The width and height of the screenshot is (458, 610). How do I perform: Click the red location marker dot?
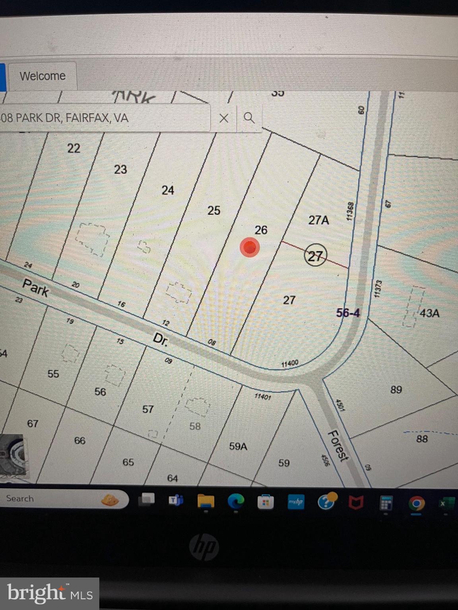pyautogui.click(x=250, y=247)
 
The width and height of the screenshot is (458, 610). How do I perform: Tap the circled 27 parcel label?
pyautogui.click(x=315, y=256)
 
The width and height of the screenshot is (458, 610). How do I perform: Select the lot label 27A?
pyautogui.click(x=318, y=220)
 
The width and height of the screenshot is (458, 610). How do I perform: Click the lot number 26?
pyautogui.click(x=261, y=230)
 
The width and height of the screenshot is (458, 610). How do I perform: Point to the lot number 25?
pyautogui.click(x=213, y=210)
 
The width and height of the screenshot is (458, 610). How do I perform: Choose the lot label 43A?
pyautogui.click(x=429, y=313)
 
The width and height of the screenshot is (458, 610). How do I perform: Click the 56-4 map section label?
pyautogui.click(x=347, y=313)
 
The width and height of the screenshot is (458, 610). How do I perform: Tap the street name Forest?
pyautogui.click(x=338, y=446)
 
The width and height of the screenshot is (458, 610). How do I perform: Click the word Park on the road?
pyautogui.click(x=36, y=287)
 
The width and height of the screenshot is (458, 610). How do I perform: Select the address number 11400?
pyautogui.click(x=289, y=363)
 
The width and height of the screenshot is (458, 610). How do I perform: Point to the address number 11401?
pyautogui.click(x=262, y=396)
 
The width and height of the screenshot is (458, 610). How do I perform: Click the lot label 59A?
pyautogui.click(x=238, y=446)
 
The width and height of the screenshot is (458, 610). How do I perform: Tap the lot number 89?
pyautogui.click(x=396, y=389)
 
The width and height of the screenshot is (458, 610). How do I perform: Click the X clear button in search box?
pyautogui.click(x=224, y=118)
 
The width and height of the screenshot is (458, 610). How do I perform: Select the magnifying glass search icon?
pyautogui.click(x=249, y=118)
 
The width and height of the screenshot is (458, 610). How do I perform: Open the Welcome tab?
pyautogui.click(x=43, y=76)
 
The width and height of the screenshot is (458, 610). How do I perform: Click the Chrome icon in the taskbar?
pyautogui.click(x=416, y=503)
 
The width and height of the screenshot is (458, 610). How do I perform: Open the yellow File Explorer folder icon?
pyautogui.click(x=206, y=501)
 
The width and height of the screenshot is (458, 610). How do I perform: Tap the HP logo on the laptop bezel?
pyautogui.click(x=204, y=547)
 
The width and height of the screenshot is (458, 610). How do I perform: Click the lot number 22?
pyautogui.click(x=74, y=148)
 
